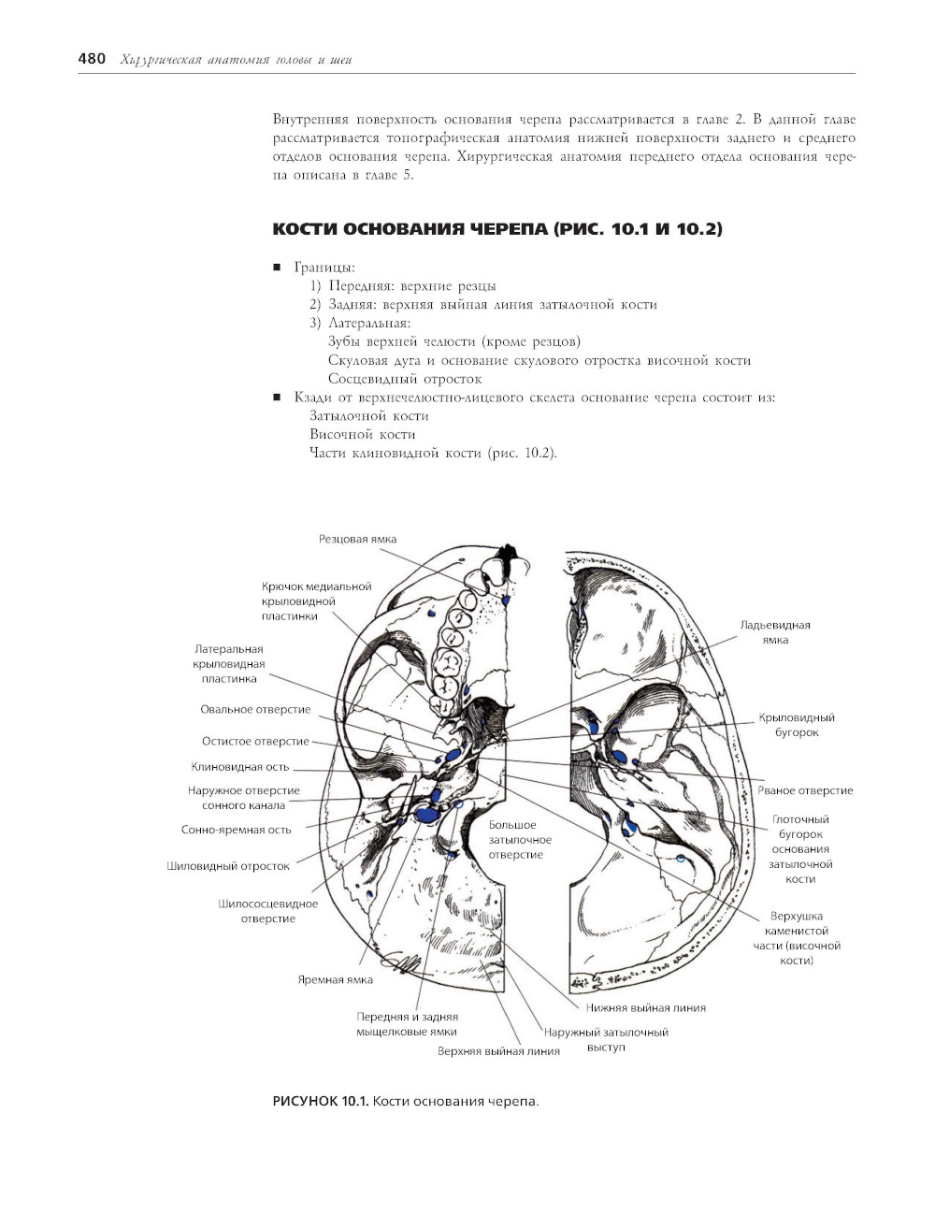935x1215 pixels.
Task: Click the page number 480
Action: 92,59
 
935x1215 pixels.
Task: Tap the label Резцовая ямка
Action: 357,539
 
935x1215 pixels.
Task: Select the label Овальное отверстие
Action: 255,710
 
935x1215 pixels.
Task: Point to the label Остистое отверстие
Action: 255,742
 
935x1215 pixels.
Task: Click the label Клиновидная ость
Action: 240,767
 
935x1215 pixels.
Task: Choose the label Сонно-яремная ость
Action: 236,830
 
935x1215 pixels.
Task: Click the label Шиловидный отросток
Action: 228,866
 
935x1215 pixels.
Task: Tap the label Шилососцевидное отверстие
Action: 267,911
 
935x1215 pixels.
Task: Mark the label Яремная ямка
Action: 335,979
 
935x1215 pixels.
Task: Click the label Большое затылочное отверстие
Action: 515,840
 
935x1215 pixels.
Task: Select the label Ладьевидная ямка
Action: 775,632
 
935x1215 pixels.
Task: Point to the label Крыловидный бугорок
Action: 797,725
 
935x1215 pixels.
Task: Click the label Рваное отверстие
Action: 805,790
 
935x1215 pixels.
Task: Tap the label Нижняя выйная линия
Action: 645,1007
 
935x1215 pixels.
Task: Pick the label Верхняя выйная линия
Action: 498,1051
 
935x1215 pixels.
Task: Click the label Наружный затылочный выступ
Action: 606,1039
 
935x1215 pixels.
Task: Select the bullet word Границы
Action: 324,268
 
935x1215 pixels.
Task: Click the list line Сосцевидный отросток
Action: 405,379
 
